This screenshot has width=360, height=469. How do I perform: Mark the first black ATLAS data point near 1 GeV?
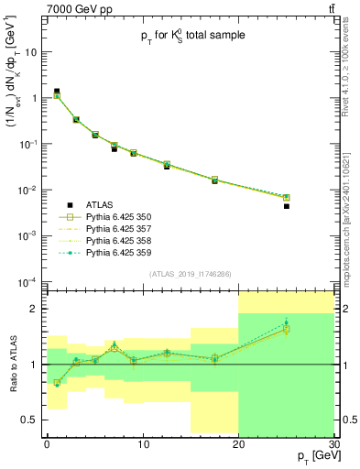57,92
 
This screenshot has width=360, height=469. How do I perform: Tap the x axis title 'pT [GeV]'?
312,455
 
